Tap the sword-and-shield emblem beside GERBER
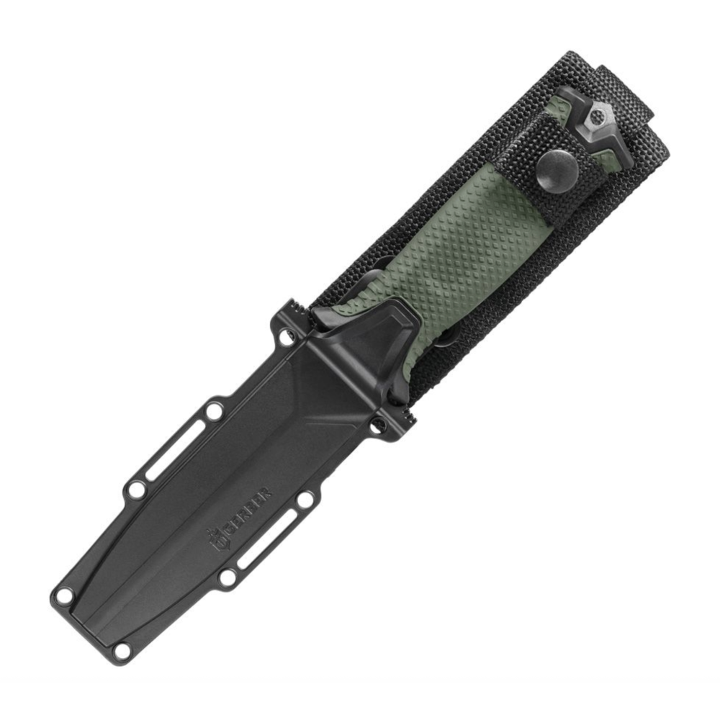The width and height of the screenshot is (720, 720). (x=217, y=541)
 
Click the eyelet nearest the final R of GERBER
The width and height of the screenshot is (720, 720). (x=305, y=500)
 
